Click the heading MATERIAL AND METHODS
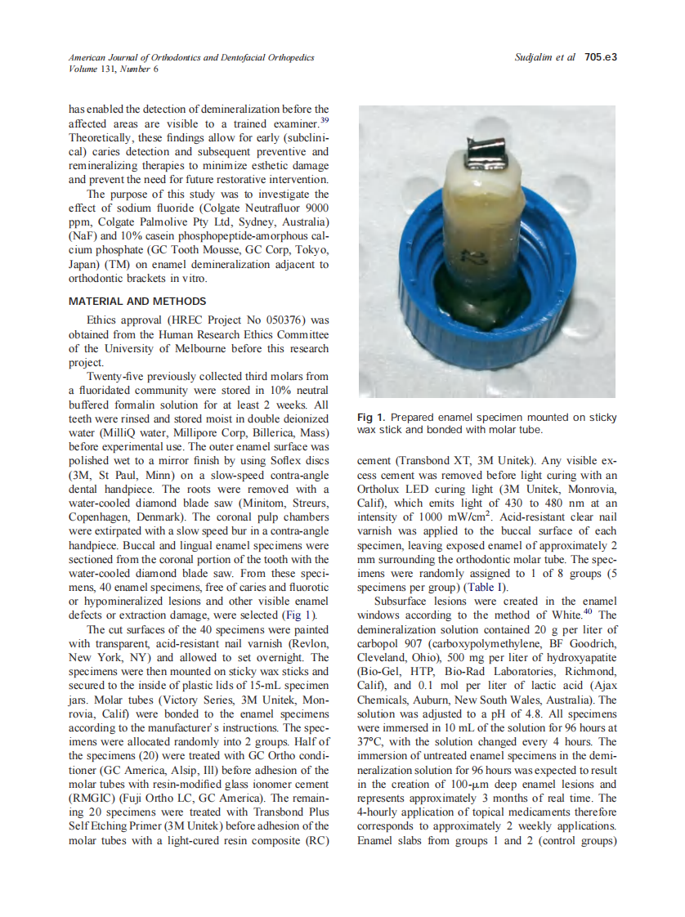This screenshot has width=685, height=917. pyautogui.click(x=137, y=302)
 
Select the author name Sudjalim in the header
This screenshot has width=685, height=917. pyautogui.click(x=535, y=57)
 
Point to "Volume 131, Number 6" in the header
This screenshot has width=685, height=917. pyautogui.click(x=114, y=69)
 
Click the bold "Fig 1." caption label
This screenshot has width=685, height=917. pyautogui.click(x=373, y=418)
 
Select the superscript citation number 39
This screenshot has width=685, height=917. pyautogui.click(x=324, y=119)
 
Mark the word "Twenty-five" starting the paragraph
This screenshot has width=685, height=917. pyautogui.click(x=114, y=376)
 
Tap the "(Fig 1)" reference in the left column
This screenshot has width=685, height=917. pyautogui.click(x=298, y=615)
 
